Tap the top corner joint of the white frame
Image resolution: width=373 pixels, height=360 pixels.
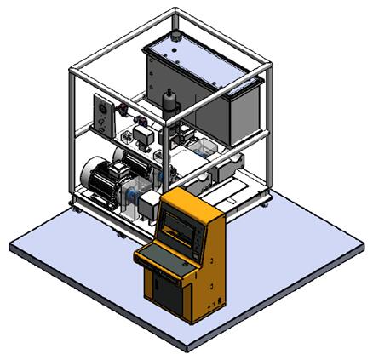point(175,12)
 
